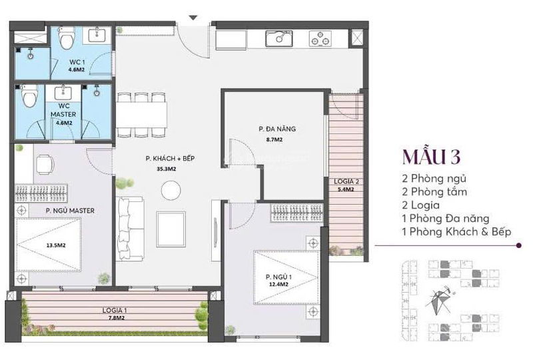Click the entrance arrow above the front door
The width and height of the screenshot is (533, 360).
coord(193,17)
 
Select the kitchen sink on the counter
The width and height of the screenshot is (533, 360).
coord(278,39)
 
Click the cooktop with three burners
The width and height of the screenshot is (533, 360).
coord(320,39)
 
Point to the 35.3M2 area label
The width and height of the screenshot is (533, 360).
coord(166,169)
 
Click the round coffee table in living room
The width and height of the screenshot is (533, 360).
coord(171,191)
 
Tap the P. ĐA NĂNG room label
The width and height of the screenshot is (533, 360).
coord(277,129)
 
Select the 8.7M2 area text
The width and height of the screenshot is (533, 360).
coord(274,139)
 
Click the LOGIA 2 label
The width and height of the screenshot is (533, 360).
coord(346,182)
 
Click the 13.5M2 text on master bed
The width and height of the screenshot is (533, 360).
coord(56,245)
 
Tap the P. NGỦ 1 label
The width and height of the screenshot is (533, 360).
coord(278,277)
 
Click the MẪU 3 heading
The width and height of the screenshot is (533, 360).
coord(431,157)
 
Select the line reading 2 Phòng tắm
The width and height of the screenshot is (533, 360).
coord(434,192)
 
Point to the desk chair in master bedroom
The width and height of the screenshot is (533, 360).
coord(45,165)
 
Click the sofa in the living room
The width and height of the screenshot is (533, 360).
coord(129,229)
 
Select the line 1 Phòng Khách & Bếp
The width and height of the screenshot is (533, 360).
coord(456,232)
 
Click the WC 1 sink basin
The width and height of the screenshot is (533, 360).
coord(97,35)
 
